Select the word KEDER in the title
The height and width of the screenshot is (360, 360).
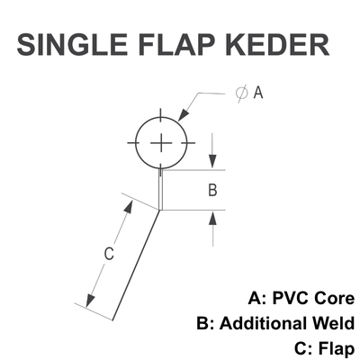[278, 45]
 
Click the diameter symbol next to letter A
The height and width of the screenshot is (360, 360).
[242, 93]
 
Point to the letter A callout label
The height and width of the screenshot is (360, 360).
[258, 93]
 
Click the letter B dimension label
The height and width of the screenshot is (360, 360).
[212, 190]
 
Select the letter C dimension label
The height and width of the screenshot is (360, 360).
[109, 254]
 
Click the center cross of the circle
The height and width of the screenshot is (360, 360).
[161, 143]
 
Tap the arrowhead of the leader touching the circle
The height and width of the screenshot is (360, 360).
[184, 115]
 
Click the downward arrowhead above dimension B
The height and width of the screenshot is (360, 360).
[212, 161]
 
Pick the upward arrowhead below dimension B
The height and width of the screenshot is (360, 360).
[212, 218]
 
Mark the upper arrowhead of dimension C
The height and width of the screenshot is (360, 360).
[129, 207]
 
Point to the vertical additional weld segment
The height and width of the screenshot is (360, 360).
[161, 190]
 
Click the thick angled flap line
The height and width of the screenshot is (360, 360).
[136, 265]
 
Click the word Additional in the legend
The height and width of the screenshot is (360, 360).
[264, 324]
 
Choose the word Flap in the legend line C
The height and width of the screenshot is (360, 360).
[336, 349]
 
